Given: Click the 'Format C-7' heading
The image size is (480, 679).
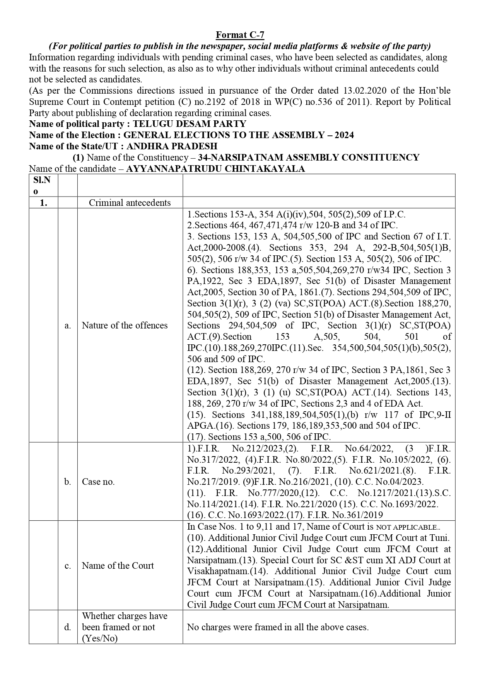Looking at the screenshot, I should (240, 35).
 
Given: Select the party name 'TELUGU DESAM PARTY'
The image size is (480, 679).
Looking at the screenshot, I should (190, 124).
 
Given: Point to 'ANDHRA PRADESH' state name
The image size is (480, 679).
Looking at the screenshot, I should (172, 146).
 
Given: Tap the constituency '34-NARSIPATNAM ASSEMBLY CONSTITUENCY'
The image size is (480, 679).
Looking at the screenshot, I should (308, 157).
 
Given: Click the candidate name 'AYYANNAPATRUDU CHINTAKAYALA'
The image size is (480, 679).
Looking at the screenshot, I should (215, 169).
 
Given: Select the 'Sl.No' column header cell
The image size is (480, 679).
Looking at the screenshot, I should (43, 185).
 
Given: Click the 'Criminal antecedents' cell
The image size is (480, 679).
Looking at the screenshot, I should (130, 203).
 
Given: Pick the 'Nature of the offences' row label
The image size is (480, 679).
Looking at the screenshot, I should (125, 325).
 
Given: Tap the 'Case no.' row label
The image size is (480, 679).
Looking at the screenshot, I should (98, 482).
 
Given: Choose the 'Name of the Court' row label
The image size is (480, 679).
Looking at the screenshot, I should (118, 566).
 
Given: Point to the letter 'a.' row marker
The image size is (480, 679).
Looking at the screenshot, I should (68, 325).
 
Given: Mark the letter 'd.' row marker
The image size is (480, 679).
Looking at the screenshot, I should (68, 627).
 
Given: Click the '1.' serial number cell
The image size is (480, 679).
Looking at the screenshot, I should (43, 203).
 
